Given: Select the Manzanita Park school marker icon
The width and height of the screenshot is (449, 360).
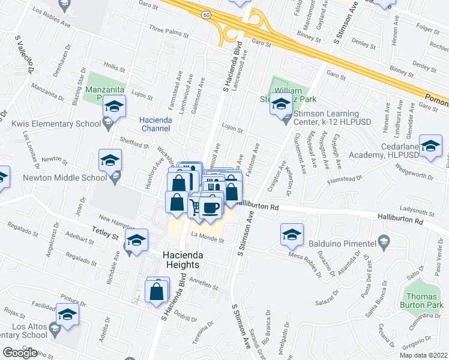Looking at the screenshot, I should click(113, 107).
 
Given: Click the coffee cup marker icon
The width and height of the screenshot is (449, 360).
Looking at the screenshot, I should click(210, 208).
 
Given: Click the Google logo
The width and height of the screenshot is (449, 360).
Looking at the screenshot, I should click(20, 353).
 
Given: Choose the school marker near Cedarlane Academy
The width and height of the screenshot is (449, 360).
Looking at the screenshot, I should click(430, 146).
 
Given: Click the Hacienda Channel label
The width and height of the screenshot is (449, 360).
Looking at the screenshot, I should click(156, 124).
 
